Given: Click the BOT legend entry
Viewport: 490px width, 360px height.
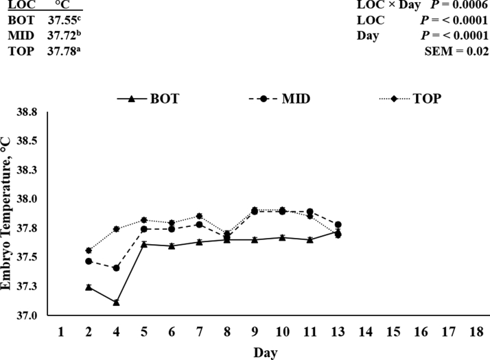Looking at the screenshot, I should click(148, 98).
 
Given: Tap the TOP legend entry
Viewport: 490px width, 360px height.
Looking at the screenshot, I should click(410, 98).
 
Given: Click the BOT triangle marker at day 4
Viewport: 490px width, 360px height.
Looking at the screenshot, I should click(117, 302).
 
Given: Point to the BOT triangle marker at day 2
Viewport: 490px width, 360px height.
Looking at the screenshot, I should click(89, 287).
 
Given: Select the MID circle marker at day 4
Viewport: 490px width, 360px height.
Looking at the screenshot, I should click(117, 268).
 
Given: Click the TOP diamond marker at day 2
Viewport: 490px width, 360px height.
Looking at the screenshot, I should click(89, 250).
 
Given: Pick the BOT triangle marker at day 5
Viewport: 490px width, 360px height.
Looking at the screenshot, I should click(144, 244).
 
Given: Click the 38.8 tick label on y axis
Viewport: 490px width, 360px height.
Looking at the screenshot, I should click(36, 112).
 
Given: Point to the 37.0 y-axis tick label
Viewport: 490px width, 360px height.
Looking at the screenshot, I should click(36, 315).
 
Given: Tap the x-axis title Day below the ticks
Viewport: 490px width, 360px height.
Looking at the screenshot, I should click(264, 352).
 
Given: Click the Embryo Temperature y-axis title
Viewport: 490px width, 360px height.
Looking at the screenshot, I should click(10, 213).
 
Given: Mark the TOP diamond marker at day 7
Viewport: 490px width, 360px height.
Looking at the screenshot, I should click(200, 216).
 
